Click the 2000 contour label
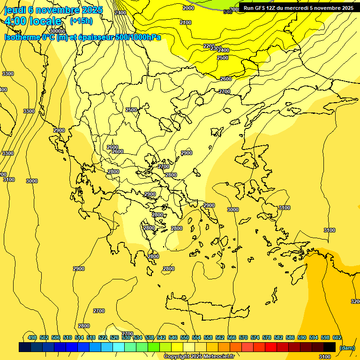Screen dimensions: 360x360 [188, 8]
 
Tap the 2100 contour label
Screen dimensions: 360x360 [186, 22]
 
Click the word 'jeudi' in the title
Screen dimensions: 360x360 [15, 10]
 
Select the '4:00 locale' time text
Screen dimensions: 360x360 [33, 21]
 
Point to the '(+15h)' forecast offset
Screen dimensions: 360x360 [81, 21]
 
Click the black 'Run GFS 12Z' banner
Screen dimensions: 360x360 [299, 8]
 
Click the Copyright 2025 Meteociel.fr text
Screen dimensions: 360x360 [199, 357]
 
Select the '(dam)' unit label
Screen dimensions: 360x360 [347, 347]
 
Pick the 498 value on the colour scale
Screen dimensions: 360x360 [32, 337]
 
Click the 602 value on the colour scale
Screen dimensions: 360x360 [337, 337]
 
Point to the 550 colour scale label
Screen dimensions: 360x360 [185, 337]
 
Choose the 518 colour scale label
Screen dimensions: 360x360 [91, 337]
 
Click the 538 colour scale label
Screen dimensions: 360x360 [150, 337]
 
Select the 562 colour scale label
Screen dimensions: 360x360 [220, 337]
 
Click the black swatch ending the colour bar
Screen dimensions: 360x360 [330, 347]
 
